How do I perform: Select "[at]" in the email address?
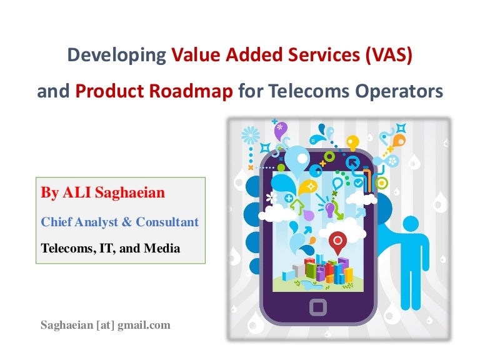(102, 325)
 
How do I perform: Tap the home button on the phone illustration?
(317, 307)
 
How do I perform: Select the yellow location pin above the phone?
(353, 142)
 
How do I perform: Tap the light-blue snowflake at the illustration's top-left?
(251, 136)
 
